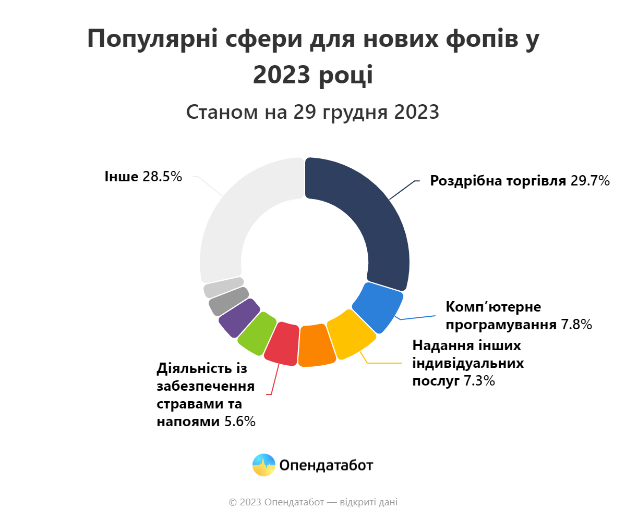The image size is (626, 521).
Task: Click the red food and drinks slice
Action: pos(282,343)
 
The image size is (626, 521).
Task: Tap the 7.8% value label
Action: pos(576,325)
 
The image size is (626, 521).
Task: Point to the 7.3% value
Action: pos(479,381)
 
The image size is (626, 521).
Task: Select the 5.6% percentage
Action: pos(240,422)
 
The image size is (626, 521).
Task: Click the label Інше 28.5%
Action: pos(143,177)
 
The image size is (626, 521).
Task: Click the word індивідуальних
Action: pos(468,363)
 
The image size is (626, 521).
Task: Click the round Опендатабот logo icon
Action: pos(264,465)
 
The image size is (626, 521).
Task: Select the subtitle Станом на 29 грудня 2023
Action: pos(312,112)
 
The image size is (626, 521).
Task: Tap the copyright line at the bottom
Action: pos(313,502)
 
